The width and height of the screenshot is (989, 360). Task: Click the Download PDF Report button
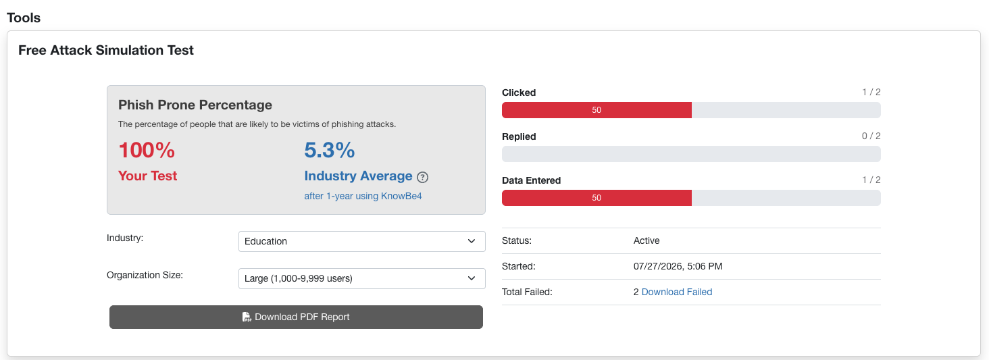tap(296, 317)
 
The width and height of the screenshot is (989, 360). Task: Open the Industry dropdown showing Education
tap(361, 241)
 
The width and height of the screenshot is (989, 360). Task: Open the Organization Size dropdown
tap(361, 278)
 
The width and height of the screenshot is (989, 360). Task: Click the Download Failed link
tap(676, 292)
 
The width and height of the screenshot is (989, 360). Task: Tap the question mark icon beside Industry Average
tap(422, 178)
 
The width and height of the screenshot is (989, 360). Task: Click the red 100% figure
tap(147, 150)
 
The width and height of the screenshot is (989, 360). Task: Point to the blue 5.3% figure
tap(330, 150)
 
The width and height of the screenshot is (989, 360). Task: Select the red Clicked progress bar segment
tap(597, 110)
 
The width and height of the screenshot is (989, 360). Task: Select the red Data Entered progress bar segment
tap(597, 198)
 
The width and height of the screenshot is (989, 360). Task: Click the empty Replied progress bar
tap(691, 154)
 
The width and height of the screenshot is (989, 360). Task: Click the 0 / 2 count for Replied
tap(871, 136)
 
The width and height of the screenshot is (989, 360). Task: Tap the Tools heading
tap(24, 18)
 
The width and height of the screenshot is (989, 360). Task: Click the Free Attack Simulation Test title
tap(106, 50)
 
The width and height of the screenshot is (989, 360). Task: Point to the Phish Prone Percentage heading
tap(195, 105)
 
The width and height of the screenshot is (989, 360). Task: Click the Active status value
tap(646, 241)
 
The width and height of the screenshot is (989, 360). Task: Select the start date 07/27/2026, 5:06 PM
tap(678, 267)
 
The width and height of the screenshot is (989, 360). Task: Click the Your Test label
tap(147, 176)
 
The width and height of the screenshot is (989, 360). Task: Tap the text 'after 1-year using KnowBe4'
tap(363, 196)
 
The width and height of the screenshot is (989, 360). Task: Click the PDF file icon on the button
tap(247, 317)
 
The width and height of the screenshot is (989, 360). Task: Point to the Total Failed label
tap(527, 292)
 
